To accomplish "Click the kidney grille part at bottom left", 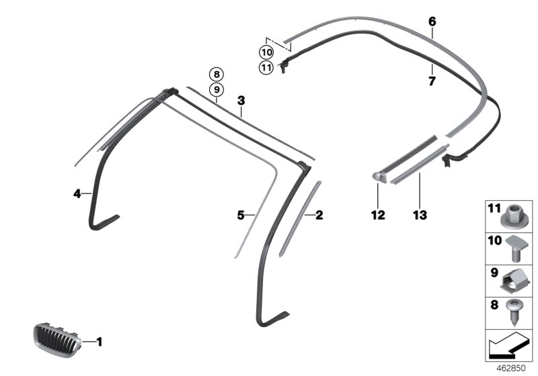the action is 57,340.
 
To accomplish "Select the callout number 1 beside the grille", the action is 100,342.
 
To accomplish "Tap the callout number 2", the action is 319,215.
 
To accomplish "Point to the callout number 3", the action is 241,101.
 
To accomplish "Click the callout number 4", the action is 77,194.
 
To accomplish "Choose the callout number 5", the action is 241,215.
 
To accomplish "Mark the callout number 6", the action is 432,21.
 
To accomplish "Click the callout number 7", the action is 432,81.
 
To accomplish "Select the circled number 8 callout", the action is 216,74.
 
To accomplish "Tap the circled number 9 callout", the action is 216,90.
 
